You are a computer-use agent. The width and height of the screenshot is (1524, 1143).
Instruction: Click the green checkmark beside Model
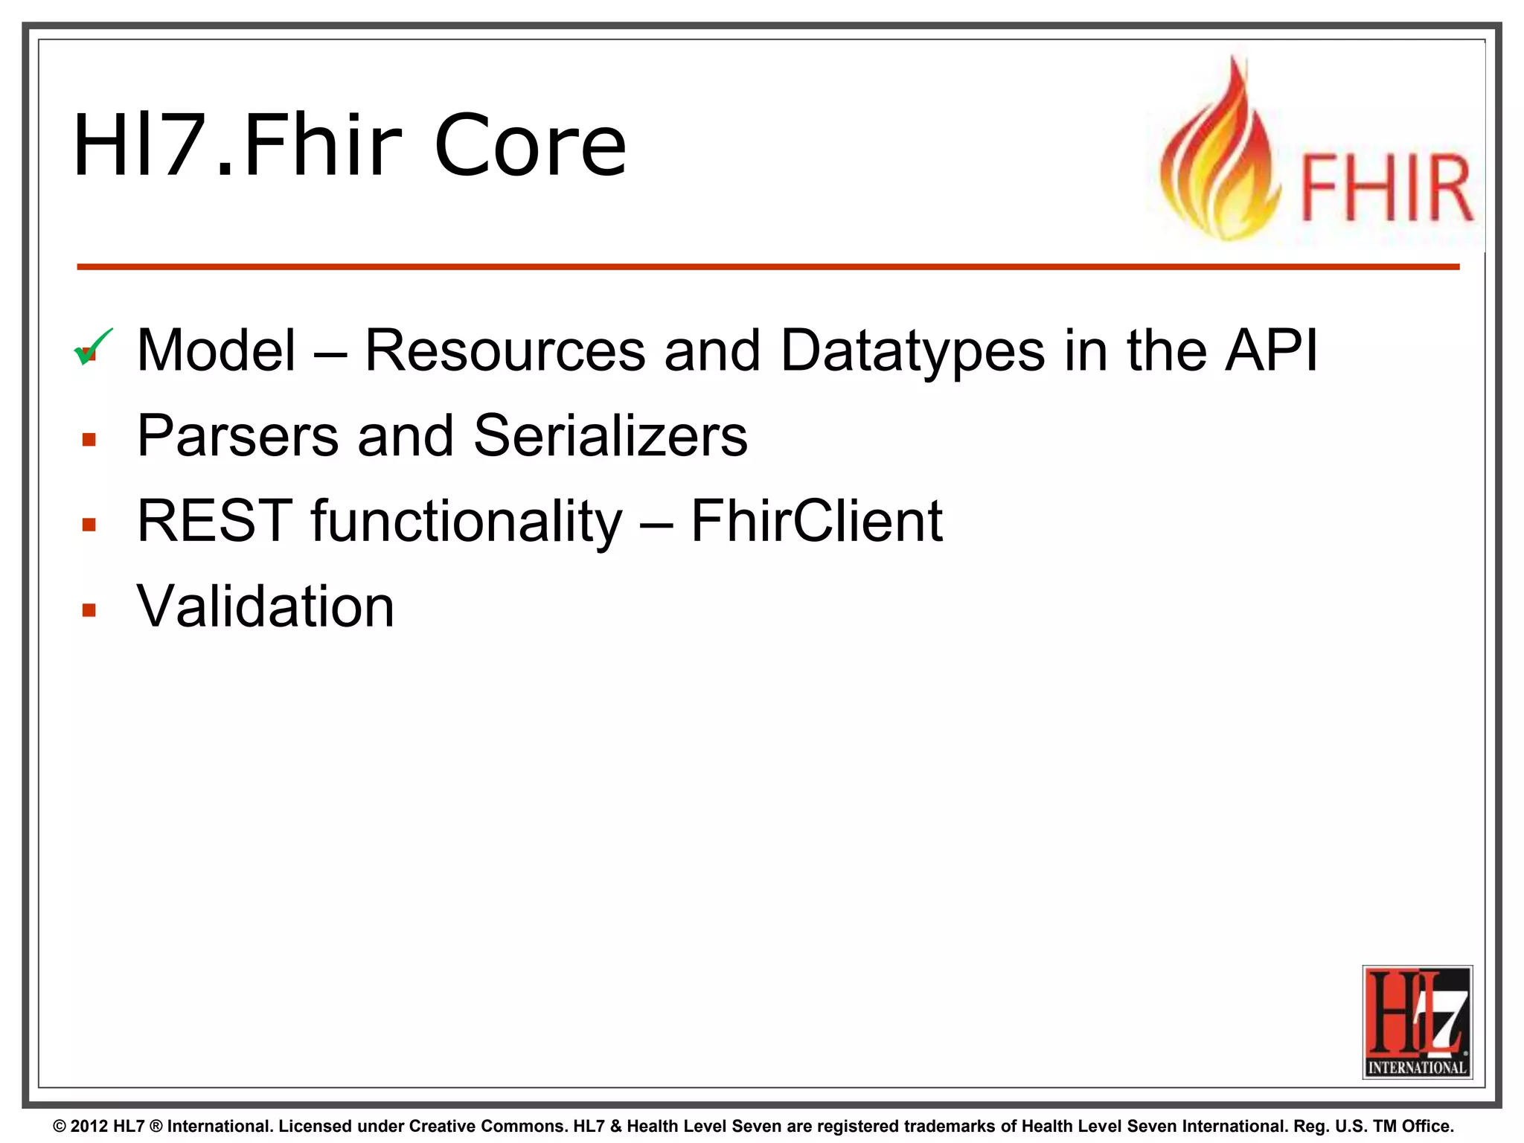93,347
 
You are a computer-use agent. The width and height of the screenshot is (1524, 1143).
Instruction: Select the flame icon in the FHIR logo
1220,156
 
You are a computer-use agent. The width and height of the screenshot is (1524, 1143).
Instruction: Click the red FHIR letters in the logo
1386,189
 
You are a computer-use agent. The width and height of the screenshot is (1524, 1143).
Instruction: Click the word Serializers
610,435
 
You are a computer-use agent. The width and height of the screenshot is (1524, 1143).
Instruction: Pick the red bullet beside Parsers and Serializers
89,440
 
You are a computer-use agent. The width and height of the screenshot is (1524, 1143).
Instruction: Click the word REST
215,520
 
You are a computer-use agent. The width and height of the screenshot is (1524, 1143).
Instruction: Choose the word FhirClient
816,520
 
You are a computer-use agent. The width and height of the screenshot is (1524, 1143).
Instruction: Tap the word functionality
466,520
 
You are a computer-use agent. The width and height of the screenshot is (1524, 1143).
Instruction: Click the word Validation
266,606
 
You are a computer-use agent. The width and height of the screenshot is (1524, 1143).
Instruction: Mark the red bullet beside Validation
89,611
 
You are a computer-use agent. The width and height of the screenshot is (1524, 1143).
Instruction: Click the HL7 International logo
1417,1022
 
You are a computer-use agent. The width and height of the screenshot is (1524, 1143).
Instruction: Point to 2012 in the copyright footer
89,1127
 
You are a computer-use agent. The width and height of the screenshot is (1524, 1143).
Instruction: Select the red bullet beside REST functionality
89,525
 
